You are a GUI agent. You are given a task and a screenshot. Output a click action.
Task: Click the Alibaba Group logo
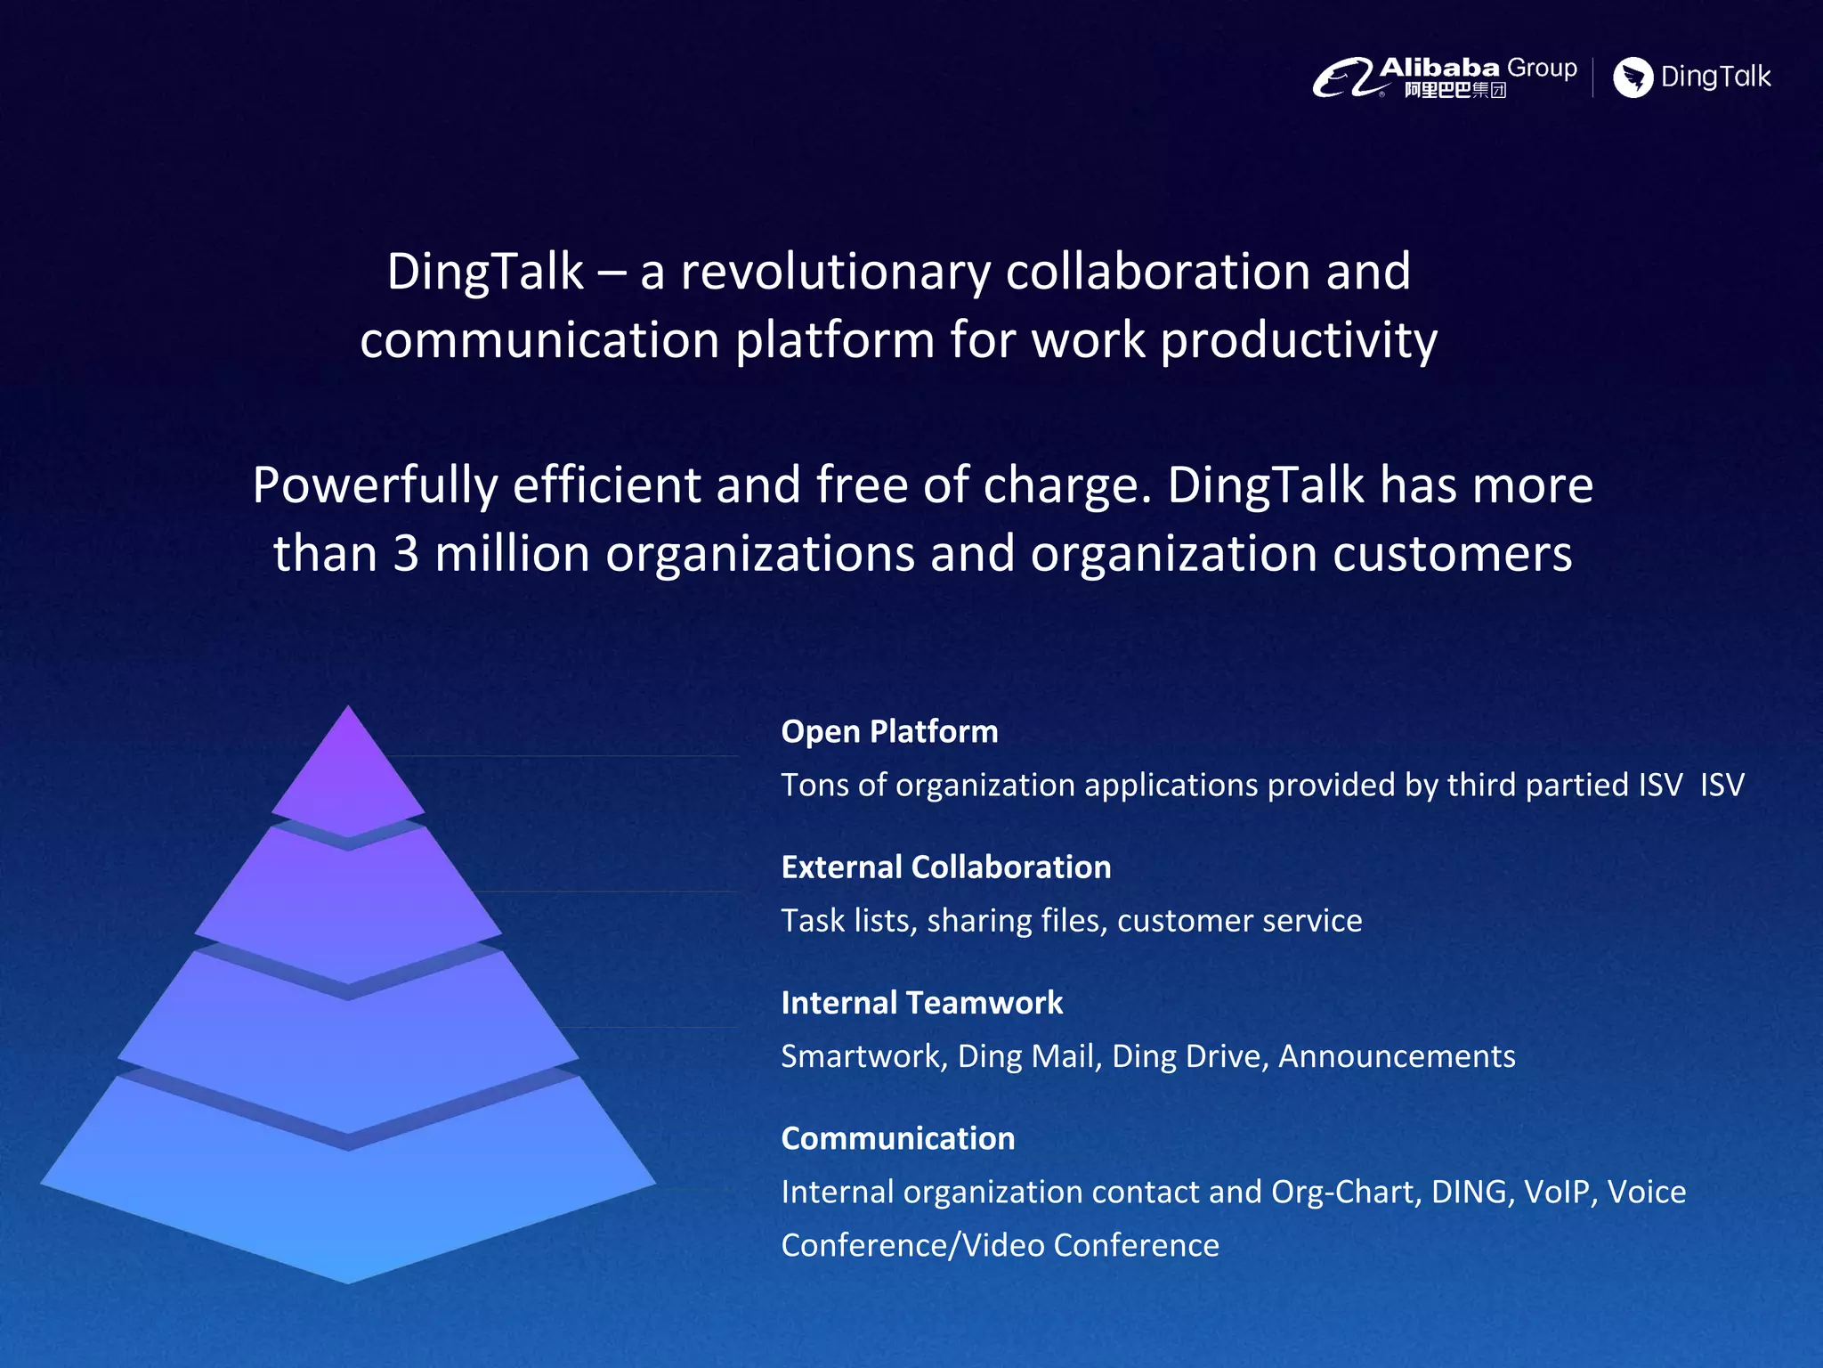(1444, 77)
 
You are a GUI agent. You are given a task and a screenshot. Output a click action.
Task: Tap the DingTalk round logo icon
(1633, 77)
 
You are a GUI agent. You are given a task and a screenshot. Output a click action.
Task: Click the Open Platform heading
(889, 731)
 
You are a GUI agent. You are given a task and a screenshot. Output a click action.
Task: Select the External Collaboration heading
(945, 867)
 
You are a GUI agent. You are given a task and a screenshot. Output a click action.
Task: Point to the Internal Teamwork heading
(921, 1003)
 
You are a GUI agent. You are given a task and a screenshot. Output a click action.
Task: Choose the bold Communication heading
(897, 1138)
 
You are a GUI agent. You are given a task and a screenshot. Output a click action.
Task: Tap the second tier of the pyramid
(348, 908)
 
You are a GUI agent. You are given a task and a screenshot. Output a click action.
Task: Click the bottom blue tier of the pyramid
(348, 1193)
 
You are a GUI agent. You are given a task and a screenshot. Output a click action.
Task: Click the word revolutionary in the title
(835, 272)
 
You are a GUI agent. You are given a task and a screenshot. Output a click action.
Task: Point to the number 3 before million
(405, 553)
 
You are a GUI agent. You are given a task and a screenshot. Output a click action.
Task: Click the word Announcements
(1396, 1056)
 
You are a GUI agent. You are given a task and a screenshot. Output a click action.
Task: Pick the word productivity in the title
(1298, 341)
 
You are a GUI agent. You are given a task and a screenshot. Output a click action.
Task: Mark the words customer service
(1239, 920)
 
